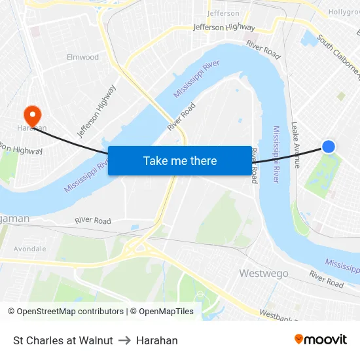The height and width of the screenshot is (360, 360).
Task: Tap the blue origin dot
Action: [x=329, y=147]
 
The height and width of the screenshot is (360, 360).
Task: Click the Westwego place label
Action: [x=264, y=272]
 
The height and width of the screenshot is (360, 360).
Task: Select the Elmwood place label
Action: [x=82, y=57]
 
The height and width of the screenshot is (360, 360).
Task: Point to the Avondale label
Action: [x=29, y=249]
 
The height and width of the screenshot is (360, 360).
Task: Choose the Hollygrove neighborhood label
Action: [x=344, y=12]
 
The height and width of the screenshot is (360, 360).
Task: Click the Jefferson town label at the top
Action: [x=223, y=13]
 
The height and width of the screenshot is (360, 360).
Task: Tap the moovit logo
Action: [x=320, y=339]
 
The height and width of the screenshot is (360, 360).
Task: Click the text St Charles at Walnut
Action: [x=63, y=340]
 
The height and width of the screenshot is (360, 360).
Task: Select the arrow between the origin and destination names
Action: [x=124, y=340]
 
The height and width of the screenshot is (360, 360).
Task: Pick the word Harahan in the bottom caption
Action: [x=156, y=340]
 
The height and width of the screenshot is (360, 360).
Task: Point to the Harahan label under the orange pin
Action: [x=31, y=128]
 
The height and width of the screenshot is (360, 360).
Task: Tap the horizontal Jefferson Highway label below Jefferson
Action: [x=224, y=27]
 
